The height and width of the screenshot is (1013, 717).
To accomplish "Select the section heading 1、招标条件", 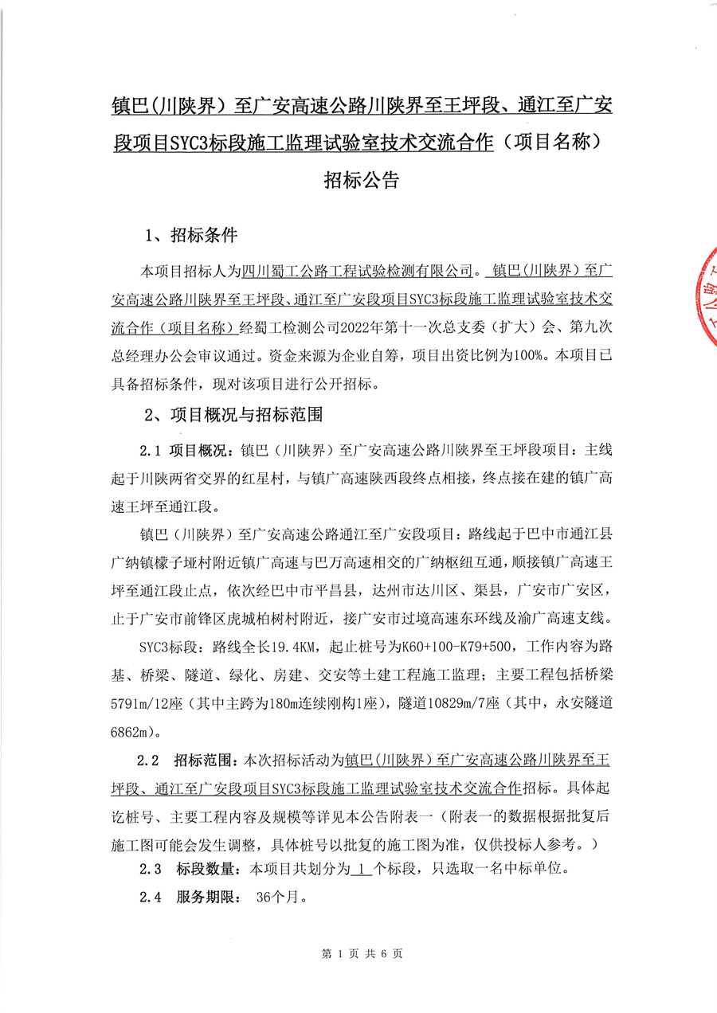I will point(190,236).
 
